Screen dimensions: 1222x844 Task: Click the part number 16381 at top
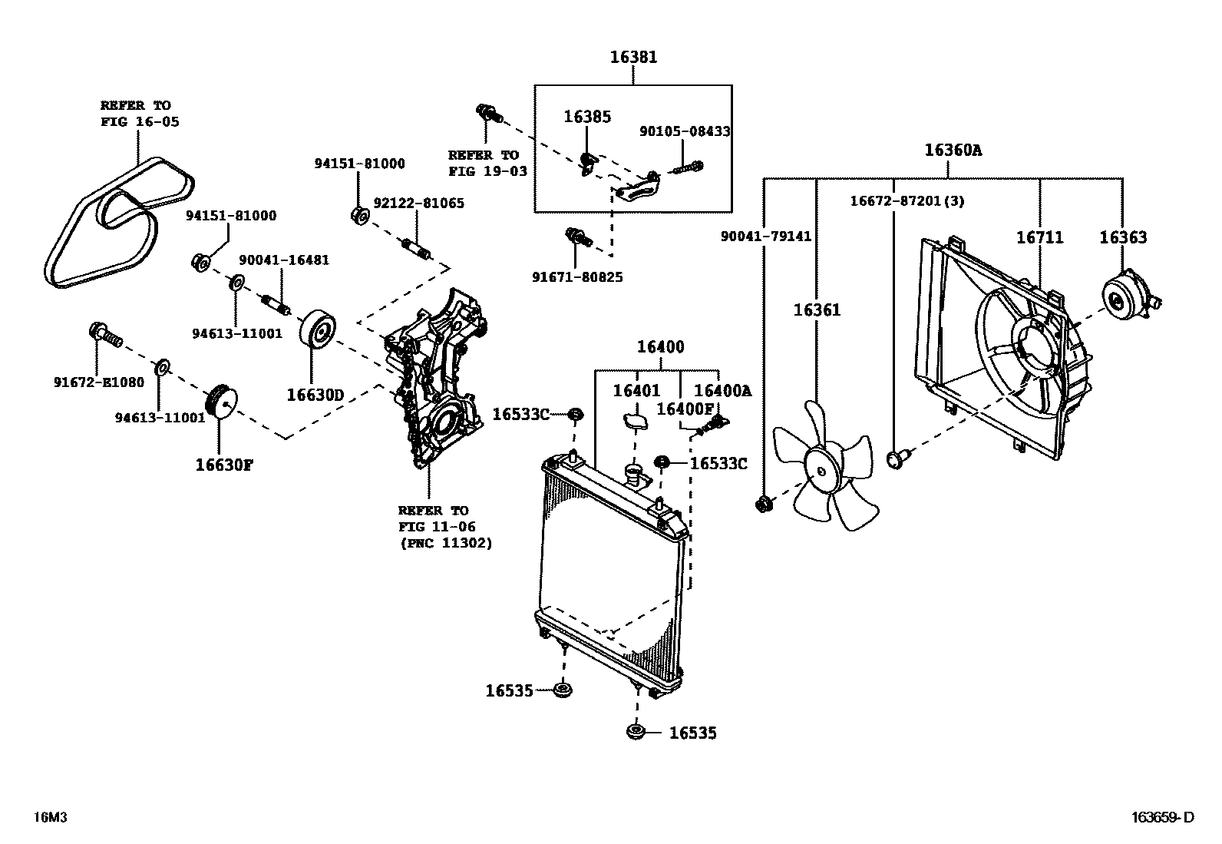(633, 57)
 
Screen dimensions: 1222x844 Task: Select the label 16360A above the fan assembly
(953, 150)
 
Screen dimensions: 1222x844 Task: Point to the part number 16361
(817, 310)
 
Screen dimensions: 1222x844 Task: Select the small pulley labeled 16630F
(222, 402)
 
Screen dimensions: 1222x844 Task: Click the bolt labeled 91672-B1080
(102, 333)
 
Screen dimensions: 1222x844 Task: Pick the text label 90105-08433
(684, 131)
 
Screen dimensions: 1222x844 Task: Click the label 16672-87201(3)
(907, 201)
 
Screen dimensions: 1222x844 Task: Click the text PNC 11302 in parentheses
(445, 543)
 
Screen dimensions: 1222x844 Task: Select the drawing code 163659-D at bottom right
(1162, 818)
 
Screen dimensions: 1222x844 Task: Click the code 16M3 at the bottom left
(51, 818)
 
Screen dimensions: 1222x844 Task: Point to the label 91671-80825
(576, 276)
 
